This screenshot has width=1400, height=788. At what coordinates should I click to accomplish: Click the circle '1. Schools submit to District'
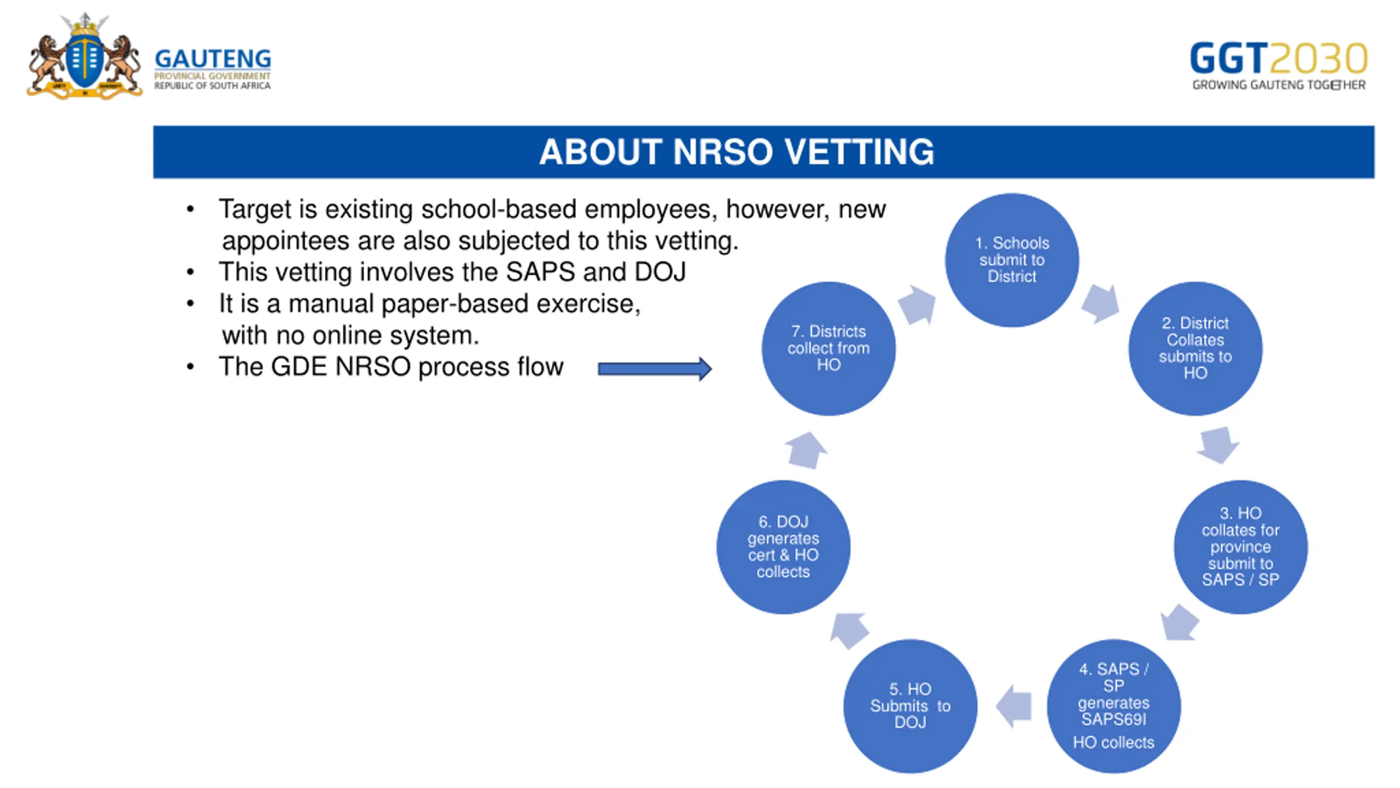pos(1012,260)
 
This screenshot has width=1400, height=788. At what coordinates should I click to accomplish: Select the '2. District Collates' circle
pos(1195,349)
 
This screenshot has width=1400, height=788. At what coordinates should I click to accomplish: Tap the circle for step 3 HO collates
pos(1240,547)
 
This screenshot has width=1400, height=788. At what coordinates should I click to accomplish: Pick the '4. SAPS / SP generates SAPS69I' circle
pos(1113,706)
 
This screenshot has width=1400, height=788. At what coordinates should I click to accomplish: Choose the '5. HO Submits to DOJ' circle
pos(910,706)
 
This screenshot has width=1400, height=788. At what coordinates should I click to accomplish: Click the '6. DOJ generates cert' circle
pos(783,547)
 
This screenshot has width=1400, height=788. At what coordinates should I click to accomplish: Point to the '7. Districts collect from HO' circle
pos(829,349)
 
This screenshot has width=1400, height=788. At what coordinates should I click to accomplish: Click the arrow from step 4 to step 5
pos(1014,706)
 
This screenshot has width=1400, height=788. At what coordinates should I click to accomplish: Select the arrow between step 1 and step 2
pos(1100,303)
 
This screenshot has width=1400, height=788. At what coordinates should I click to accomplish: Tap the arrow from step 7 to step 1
pos(918,304)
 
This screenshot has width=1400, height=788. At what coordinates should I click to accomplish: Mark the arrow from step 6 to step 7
pos(806,450)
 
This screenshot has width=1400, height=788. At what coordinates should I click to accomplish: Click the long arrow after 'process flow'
pos(655,369)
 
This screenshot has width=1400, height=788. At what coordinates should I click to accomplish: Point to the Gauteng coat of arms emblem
pos(85,57)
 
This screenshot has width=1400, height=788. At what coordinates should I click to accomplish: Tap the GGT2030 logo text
pos(1278,59)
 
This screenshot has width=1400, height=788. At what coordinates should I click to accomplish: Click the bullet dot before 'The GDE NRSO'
pos(190,367)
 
